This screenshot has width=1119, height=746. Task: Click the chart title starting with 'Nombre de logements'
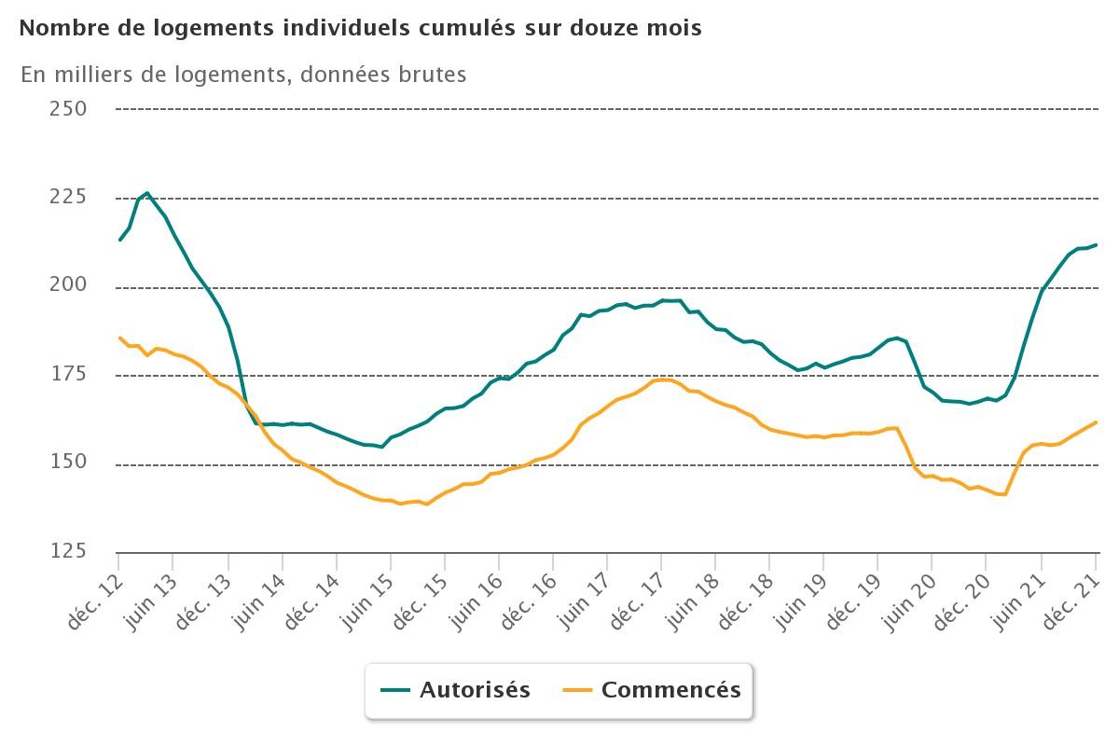click(x=360, y=28)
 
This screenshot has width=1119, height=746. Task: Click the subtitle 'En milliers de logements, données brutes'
click(x=243, y=75)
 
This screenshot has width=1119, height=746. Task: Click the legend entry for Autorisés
click(x=456, y=690)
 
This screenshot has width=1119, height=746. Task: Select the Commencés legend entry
click(x=653, y=690)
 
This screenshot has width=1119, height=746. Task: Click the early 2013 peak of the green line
click(x=147, y=193)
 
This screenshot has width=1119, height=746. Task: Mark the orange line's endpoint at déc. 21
click(x=1096, y=422)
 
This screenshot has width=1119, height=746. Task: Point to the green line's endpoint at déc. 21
click(x=1096, y=245)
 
